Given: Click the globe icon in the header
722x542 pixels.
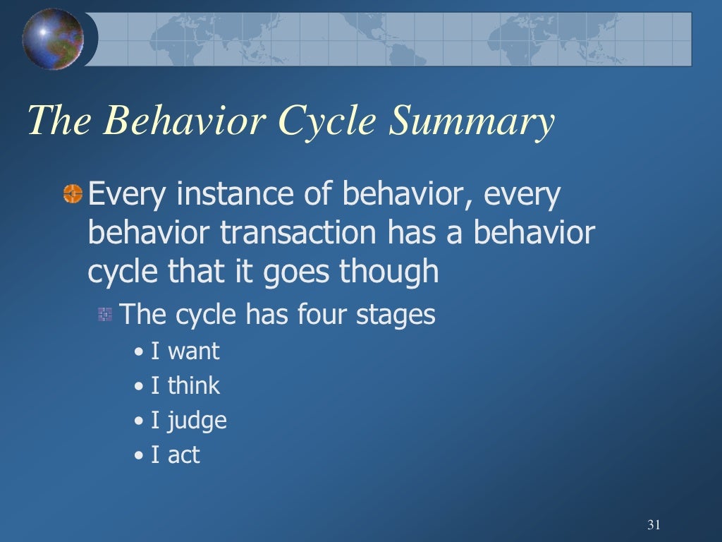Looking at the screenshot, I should pos(53,39).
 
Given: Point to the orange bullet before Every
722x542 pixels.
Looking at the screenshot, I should pos(73,193).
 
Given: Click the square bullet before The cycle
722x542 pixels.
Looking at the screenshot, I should pos(105,315).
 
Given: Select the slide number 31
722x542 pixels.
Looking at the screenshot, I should pos(653,524).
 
